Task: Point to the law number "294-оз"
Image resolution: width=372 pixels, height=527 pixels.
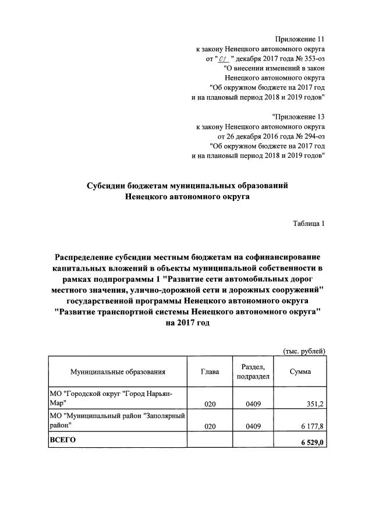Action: [x=311, y=135]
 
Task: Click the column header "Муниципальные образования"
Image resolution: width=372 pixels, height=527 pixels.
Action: [x=118, y=372]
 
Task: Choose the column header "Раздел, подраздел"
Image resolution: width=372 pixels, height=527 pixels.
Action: [x=252, y=372]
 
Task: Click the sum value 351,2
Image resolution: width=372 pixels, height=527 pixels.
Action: [x=314, y=403]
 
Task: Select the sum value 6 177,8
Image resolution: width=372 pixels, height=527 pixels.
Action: [x=311, y=426]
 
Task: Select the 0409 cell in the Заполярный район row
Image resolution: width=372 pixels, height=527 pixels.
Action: [x=252, y=426]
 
